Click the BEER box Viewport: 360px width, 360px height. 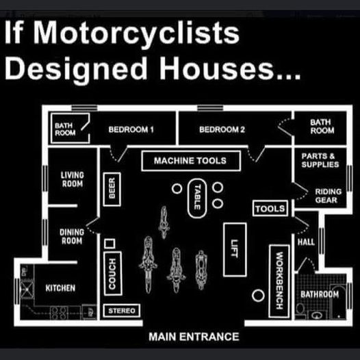click(112, 190)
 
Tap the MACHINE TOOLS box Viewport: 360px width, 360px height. click(191, 161)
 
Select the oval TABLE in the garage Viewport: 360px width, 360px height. click(197, 198)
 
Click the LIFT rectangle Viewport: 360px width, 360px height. click(235, 250)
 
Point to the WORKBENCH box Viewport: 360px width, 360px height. click(279, 281)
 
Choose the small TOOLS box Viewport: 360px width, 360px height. click(270, 209)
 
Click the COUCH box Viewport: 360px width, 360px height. click(112, 274)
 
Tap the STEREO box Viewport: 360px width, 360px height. click(122, 311)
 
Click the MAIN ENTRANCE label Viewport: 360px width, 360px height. click(194, 337)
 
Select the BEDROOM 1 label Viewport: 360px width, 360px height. click(131, 129)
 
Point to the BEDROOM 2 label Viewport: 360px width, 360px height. click(222, 129)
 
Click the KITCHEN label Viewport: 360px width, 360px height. click(60, 288)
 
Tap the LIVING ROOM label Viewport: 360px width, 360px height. click(73, 179)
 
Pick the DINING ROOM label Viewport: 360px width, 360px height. click(72, 237)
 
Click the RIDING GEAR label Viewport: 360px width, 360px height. click(328, 196)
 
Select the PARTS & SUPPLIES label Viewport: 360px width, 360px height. click(320, 160)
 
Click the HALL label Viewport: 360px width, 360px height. click(306, 242)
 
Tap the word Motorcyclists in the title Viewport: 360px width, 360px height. click(136, 33)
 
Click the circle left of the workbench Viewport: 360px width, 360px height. click(258, 296)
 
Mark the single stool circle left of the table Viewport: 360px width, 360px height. click(177, 188)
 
